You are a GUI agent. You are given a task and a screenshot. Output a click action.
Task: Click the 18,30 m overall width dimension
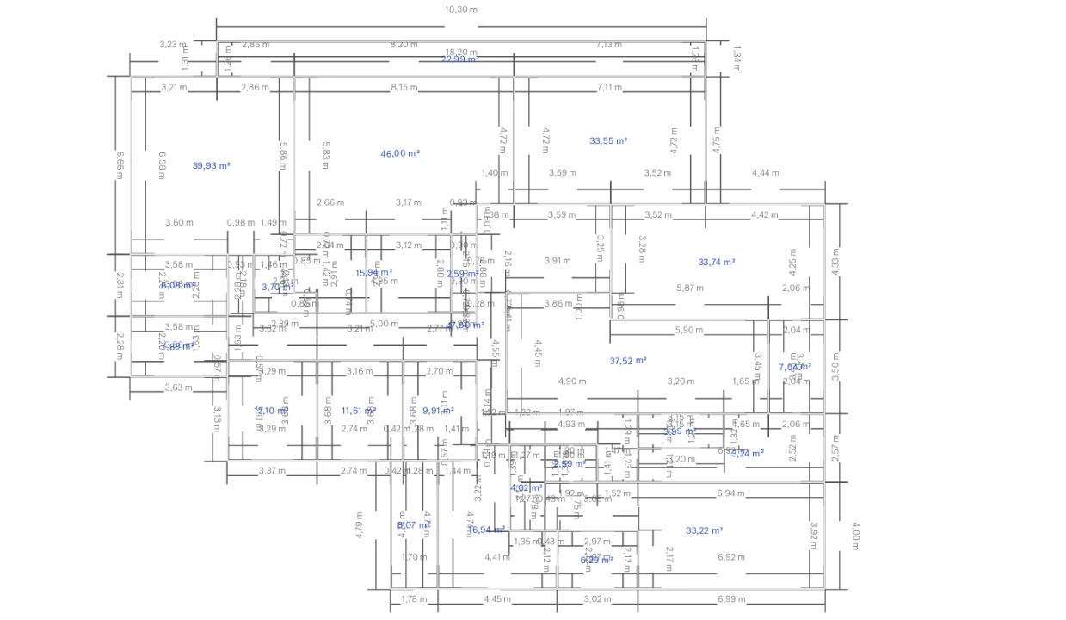pos(461,9)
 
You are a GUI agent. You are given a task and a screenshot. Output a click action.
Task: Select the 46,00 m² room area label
pos(400,153)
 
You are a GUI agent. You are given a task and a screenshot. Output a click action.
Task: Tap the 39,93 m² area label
pos(211,165)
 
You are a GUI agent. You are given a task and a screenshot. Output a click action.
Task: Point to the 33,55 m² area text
pos(608,140)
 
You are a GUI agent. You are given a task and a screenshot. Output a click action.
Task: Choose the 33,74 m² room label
pos(717,262)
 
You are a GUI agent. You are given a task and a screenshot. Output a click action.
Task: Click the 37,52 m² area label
pos(628,361)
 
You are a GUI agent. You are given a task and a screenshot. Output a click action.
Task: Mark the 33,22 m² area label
pos(704,530)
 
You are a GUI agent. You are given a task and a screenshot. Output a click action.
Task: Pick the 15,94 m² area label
pos(374,272)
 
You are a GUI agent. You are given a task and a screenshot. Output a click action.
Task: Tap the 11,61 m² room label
pos(359,411)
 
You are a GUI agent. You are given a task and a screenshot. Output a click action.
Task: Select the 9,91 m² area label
pos(438,411)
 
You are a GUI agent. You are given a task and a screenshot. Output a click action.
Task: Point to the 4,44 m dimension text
pos(765,173)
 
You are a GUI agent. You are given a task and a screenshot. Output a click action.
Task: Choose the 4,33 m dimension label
pos(835,261)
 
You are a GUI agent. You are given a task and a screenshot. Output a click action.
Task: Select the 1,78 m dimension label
pos(414,599)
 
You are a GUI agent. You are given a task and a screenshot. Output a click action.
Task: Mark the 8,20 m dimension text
pos(404,44)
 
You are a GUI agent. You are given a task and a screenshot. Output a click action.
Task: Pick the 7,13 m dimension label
pos(609,44)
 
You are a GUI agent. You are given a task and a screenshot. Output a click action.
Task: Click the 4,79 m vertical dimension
pos(360,524)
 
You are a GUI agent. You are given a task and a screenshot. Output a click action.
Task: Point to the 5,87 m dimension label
pos(690,288)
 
